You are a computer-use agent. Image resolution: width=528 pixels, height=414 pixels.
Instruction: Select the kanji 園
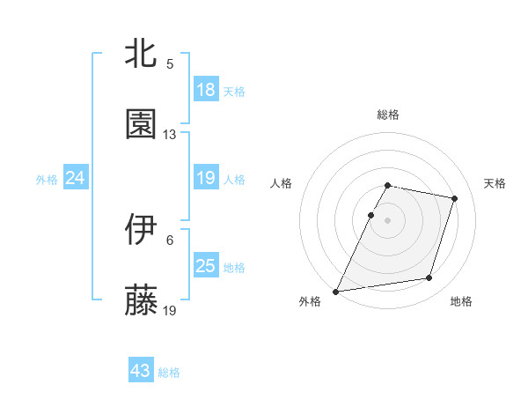tap(142, 124)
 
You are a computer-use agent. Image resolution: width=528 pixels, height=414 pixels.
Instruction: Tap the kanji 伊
tap(142, 229)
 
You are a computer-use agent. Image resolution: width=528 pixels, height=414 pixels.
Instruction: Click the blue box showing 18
tap(206, 90)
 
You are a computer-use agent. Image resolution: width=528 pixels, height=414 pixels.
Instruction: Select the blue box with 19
tap(206, 178)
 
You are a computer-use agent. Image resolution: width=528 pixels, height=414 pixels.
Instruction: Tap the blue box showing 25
tap(206, 266)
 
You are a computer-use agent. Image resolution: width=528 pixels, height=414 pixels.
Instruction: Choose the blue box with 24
tap(76, 178)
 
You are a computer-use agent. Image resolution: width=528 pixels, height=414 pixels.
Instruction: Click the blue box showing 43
tap(141, 371)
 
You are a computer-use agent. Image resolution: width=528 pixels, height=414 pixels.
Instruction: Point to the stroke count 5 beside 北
tap(170, 64)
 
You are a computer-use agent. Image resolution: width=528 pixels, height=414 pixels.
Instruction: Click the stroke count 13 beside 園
tap(170, 135)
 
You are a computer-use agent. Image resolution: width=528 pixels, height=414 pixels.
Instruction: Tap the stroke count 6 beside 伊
tap(170, 240)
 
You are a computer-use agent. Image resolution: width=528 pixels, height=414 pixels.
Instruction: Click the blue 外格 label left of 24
tap(47, 179)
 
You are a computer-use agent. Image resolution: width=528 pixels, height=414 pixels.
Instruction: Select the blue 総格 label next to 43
tap(169, 373)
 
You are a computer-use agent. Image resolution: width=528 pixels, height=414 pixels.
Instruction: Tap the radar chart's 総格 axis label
tap(388, 115)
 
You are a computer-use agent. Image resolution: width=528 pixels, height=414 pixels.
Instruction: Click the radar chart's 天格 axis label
tap(495, 183)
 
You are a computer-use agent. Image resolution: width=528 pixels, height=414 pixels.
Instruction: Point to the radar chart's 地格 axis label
tap(462, 302)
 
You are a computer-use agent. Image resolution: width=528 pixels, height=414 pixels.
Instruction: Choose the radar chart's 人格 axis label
tap(282, 183)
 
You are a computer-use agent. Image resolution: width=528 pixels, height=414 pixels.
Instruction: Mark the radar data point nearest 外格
tap(336, 291)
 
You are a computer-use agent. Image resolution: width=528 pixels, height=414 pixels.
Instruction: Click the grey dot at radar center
tap(388, 219)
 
